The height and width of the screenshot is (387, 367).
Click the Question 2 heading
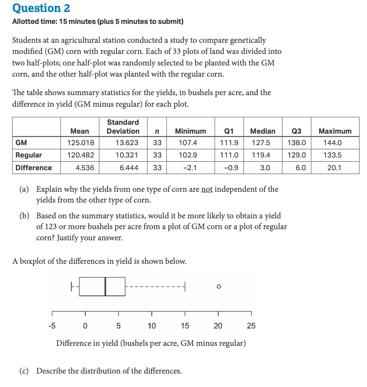[41, 8]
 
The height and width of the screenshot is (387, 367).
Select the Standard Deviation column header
[123, 127]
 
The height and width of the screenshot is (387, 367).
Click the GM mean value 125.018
[80, 143]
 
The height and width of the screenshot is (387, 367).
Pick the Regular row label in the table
[29, 155]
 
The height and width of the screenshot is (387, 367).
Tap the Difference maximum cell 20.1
[335, 168]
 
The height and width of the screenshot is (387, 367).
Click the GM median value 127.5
[263, 143]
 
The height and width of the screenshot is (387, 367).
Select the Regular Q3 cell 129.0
[296, 155]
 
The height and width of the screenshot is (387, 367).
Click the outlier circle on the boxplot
[218, 286]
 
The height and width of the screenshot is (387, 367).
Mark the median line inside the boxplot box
[105, 286]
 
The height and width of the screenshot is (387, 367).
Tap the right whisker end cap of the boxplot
[185, 286]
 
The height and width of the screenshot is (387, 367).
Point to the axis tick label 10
[152, 326]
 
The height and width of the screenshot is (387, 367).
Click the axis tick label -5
[52, 326]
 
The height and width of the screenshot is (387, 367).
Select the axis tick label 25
[251, 326]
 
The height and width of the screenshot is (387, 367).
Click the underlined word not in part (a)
[207, 189]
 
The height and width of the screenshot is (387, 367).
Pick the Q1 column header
[231, 131]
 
